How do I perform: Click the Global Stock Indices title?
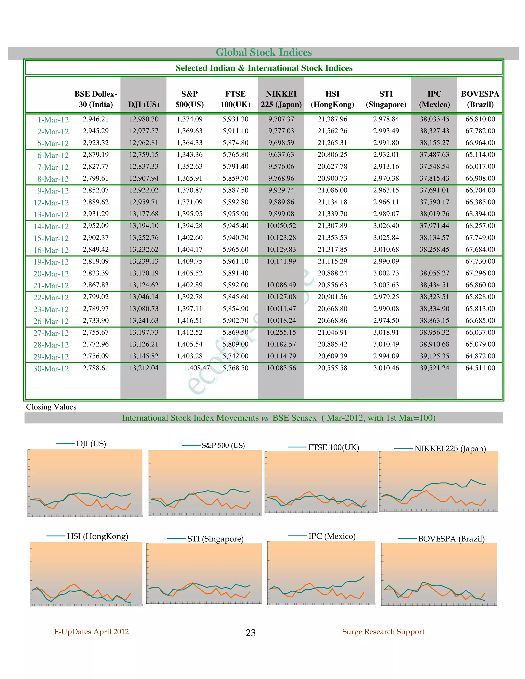264,52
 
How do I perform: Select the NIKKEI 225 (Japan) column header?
281,99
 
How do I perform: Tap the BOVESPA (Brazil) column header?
480,99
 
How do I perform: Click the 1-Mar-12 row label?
53,120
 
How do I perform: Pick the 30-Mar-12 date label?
51,369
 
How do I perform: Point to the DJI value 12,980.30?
144,119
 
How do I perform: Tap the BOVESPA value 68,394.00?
480,214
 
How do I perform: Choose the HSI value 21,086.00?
332,190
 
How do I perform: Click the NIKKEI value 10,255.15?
281,332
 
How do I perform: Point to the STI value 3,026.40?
386,226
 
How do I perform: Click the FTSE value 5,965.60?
235,249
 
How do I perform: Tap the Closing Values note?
51,407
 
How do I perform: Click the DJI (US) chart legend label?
91,444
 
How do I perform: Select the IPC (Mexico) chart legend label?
332,536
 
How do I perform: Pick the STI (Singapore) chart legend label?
215,539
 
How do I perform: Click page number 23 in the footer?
251,632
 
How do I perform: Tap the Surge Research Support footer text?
383,632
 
